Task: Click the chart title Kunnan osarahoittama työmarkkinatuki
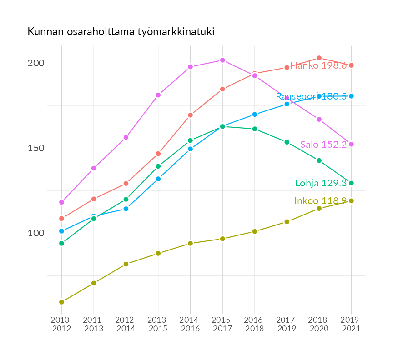click(x=121, y=32)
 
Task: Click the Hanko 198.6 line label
click(x=318, y=65)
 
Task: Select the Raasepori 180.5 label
click(x=311, y=96)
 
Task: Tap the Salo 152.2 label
click(x=323, y=145)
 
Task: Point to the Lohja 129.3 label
click(x=321, y=183)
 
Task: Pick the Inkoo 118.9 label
click(x=321, y=201)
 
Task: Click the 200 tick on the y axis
click(x=35, y=63)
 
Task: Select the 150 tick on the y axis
click(x=35, y=148)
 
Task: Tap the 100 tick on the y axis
click(x=35, y=233)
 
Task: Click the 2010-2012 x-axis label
click(x=61, y=325)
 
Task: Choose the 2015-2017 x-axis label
click(x=222, y=325)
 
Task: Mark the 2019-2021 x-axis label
click(x=351, y=325)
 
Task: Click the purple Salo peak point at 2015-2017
click(x=222, y=60)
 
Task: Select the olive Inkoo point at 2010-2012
click(x=61, y=302)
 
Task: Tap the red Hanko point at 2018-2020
click(x=319, y=58)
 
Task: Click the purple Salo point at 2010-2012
click(x=61, y=202)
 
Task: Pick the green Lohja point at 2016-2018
click(x=255, y=129)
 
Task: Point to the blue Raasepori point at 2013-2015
click(x=158, y=179)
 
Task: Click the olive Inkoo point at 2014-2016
click(x=190, y=243)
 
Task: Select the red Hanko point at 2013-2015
click(x=158, y=154)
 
